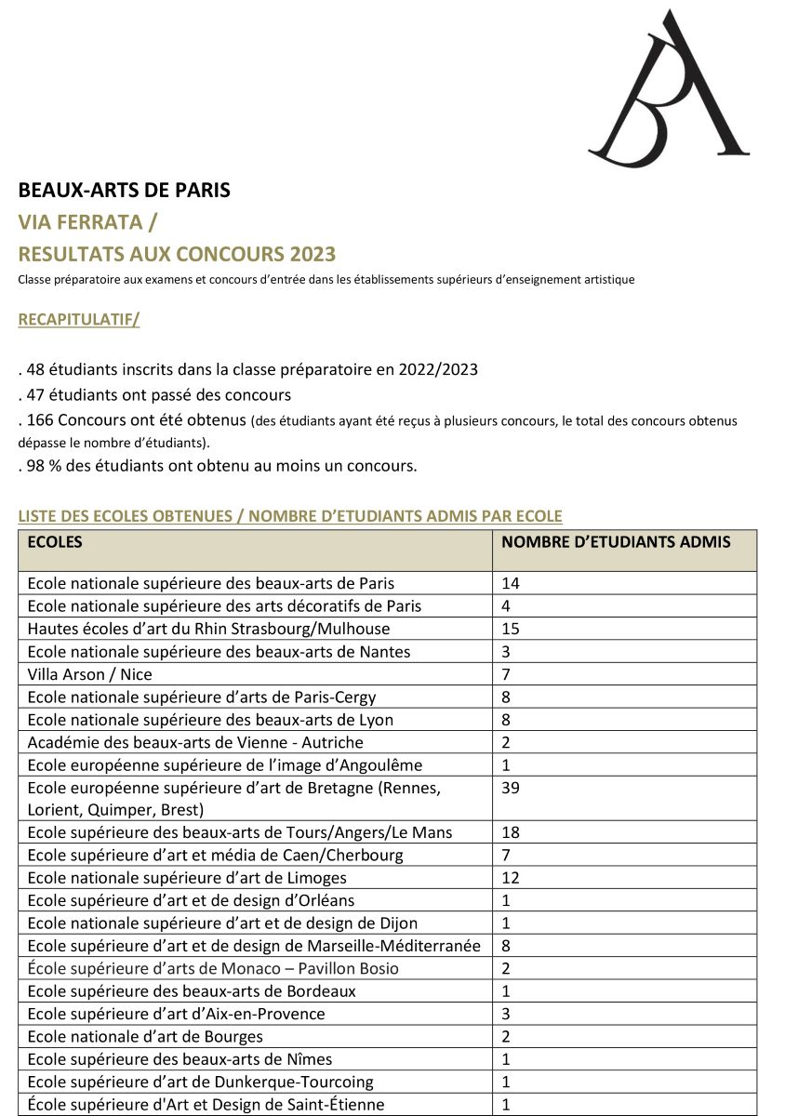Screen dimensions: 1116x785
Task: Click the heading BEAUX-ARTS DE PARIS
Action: pos(124,191)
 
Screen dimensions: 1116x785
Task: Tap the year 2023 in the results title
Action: pos(313,254)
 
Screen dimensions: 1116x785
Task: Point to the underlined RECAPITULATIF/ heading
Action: pos(79,320)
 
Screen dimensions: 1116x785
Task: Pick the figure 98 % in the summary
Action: pos(42,466)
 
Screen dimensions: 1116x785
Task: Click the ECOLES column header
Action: pos(55,542)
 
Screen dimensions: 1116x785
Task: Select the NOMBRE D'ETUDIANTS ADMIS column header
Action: pos(616,542)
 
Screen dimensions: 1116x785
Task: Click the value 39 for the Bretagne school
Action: pos(511,788)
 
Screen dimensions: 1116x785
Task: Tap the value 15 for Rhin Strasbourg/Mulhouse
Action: pos(511,629)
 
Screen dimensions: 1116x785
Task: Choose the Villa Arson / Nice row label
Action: pos(89,674)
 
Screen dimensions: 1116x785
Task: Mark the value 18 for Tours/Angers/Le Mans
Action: pos(511,832)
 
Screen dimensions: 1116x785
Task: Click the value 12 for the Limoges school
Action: pos(511,878)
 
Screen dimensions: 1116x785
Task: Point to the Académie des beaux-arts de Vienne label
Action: pos(195,742)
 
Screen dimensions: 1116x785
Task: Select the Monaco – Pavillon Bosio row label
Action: pos(213,968)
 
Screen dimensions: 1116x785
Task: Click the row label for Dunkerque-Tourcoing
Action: pos(200,1082)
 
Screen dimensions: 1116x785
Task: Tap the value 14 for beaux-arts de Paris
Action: pos(511,583)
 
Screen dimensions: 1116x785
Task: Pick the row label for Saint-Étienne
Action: pos(206,1105)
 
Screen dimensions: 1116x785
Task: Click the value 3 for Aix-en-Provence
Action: pos(506,1014)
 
